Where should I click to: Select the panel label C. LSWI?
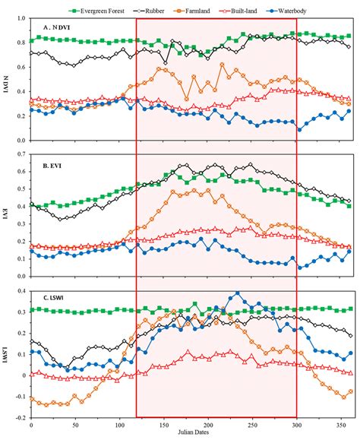pyautogui.click(x=52, y=299)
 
